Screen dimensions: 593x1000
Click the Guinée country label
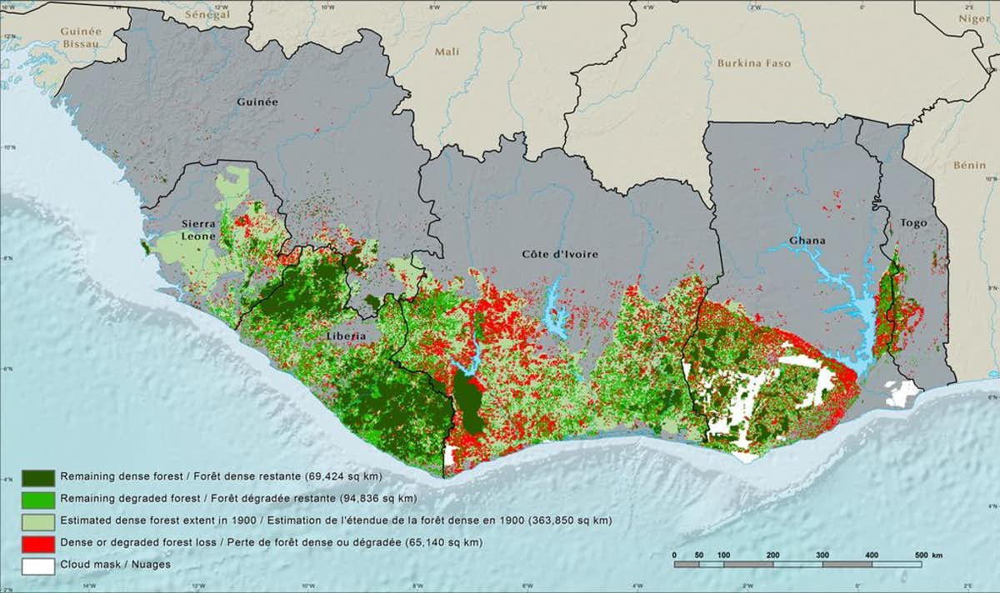click(x=257, y=102)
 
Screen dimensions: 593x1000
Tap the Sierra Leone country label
click(x=200, y=230)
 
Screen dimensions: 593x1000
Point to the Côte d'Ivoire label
click(x=560, y=253)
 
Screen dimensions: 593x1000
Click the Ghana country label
click(x=807, y=241)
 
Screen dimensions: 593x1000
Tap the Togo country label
click(x=913, y=223)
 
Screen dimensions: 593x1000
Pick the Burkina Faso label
click(x=753, y=62)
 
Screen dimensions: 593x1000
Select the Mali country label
click(x=447, y=52)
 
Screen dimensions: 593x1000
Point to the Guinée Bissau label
click(x=81, y=37)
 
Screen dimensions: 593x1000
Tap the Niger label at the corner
click(x=973, y=18)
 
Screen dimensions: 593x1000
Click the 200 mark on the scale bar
click(x=772, y=554)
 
